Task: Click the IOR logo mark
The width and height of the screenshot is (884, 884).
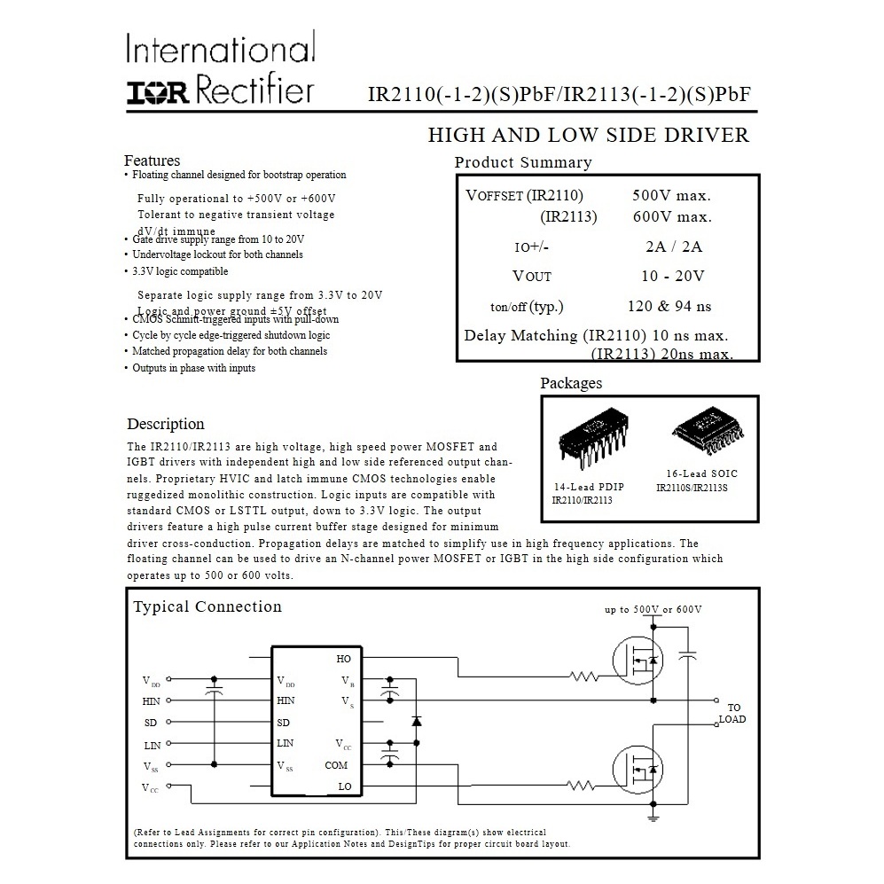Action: coord(156,92)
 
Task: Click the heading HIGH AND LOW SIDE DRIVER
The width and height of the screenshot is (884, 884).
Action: coord(588,136)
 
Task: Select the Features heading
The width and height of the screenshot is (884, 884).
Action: coord(152,160)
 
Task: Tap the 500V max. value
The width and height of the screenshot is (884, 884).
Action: coord(671,196)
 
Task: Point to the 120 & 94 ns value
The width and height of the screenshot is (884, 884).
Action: coord(669,307)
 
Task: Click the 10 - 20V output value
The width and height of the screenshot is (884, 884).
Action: coord(672,276)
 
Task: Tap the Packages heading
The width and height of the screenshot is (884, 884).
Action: coord(571,383)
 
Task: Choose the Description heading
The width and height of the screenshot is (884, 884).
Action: coord(166,424)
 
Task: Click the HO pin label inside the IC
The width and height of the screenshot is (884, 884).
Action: coord(343,659)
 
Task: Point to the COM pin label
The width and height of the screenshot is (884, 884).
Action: coord(336,765)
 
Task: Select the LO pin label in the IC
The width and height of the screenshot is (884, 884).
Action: coord(344,786)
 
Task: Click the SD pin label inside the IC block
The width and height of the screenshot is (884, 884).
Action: coord(284,722)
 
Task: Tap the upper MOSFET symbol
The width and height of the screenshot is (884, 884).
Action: coord(637,660)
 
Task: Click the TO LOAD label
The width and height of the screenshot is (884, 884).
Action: coord(732,714)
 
